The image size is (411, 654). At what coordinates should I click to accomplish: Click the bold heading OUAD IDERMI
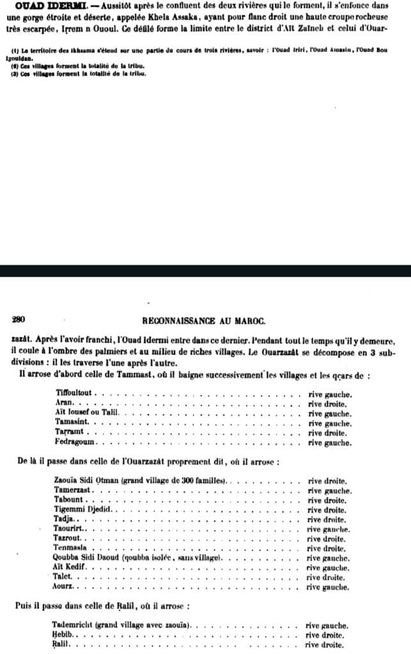pos(43,6)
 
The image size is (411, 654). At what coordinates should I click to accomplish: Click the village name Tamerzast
pos(74,490)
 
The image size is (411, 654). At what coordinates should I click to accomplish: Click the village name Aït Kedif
pos(71,567)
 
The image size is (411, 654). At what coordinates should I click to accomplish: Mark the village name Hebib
pos(63,635)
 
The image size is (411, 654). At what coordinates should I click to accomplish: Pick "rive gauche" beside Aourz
pos(328,586)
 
